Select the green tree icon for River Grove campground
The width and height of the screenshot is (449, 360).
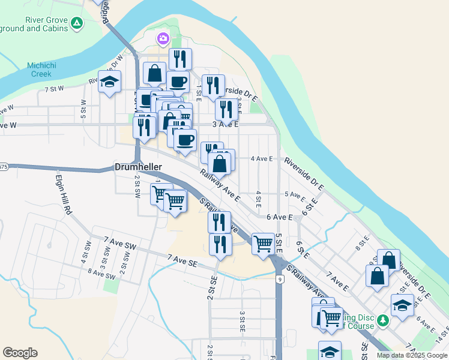[x=76, y=24]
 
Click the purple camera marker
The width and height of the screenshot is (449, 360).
[x=163, y=39]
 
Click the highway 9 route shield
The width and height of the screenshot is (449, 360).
[x=280, y=279]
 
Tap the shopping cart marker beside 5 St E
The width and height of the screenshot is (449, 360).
[x=263, y=244]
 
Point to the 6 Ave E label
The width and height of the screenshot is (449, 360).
[x=279, y=217]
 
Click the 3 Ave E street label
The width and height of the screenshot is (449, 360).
[x=226, y=124]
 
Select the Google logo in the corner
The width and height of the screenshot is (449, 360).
[x=20, y=353]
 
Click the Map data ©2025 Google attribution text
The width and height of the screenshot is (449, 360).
[x=412, y=355]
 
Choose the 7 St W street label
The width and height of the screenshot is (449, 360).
[x=54, y=89]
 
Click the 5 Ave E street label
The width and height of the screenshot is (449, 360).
[x=295, y=194]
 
